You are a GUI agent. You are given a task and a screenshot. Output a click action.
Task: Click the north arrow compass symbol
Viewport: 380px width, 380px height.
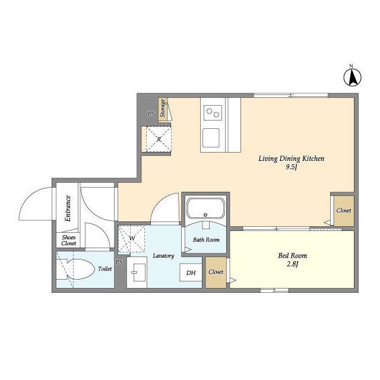(352, 77)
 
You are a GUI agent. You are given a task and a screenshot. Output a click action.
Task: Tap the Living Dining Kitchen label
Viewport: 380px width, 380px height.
(291, 159)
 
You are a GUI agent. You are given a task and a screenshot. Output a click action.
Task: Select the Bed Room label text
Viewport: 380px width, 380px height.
(293, 255)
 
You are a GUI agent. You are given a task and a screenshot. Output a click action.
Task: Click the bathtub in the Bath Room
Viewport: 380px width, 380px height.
(205, 208)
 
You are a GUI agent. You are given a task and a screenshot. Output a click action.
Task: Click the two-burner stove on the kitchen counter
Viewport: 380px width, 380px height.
(213, 113)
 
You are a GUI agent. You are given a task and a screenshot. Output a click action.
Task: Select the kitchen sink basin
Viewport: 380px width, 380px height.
(211, 138)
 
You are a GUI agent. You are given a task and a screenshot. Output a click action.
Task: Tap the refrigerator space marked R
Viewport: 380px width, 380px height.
(159, 140)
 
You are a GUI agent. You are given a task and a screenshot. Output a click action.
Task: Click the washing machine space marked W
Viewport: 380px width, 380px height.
(131, 239)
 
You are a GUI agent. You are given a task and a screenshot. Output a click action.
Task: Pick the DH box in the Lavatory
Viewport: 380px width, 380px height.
(191, 273)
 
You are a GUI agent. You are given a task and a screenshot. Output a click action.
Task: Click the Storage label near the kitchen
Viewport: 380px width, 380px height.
(163, 108)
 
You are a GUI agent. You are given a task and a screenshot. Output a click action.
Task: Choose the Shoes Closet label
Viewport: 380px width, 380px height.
(69, 240)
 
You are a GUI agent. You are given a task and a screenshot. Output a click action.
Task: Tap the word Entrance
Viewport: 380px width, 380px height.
(68, 208)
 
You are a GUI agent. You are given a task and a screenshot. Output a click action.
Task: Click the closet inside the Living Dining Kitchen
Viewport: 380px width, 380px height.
(344, 211)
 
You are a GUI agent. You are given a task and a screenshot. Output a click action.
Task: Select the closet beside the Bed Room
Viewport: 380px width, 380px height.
(216, 272)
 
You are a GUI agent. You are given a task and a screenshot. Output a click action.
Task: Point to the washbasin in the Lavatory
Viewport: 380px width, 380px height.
(137, 273)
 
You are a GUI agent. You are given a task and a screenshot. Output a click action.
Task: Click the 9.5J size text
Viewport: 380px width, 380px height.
(292, 167)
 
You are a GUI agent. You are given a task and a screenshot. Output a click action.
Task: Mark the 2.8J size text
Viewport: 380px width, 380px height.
(293, 264)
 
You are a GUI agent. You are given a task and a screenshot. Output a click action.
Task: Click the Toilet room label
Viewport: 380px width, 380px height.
(105, 269)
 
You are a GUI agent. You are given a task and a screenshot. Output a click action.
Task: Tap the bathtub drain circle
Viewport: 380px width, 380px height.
(206, 214)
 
